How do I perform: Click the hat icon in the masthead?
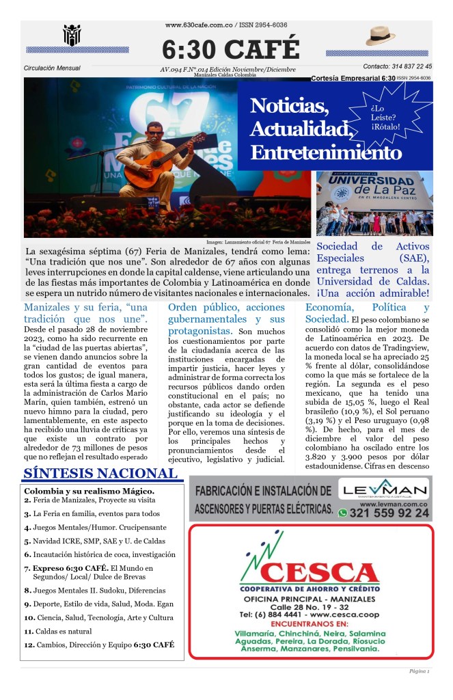pyautogui.click(x=380, y=36)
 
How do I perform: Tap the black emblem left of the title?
pyautogui.click(x=72, y=35)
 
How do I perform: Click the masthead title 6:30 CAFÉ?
pyautogui.click(x=230, y=49)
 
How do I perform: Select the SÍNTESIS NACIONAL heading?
pyautogui.click(x=100, y=473)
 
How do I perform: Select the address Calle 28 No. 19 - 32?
pyautogui.click(x=309, y=606)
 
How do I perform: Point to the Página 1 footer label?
pyautogui.click(x=419, y=672)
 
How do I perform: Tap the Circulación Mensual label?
pyautogui.click(x=52, y=68)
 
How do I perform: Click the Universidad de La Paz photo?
pyautogui.click(x=374, y=203)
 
